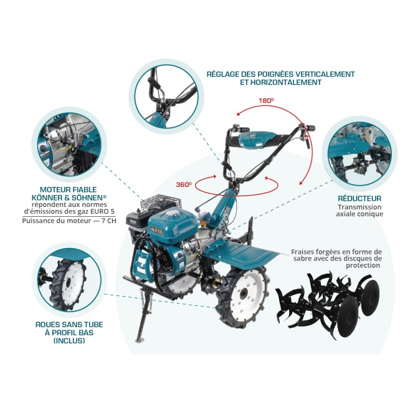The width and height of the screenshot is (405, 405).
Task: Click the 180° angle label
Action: click(x=266, y=100)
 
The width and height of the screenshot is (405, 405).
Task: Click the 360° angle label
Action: click(x=184, y=184)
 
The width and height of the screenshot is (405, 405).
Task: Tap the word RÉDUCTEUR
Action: click(x=360, y=199)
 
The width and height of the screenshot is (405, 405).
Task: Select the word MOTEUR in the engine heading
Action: click(x=53, y=190)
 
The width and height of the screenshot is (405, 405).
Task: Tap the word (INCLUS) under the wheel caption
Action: click(x=69, y=341)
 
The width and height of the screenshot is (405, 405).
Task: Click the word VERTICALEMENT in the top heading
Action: click(x=325, y=74)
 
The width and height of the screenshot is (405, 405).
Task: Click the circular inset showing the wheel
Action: click(x=69, y=280)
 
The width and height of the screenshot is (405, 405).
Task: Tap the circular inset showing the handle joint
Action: click(x=166, y=97)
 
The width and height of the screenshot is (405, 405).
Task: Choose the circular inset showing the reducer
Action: click(x=360, y=155)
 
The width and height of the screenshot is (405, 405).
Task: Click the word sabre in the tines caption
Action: click(x=301, y=259)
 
